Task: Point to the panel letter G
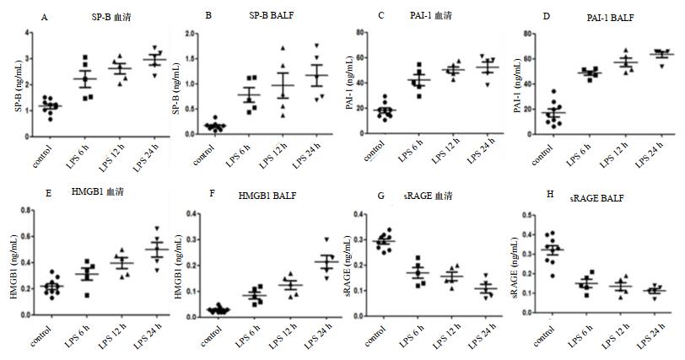tap(381, 194)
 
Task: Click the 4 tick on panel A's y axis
tap(29, 32)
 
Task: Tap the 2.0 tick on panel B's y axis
tap(192, 32)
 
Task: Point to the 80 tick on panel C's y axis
tap(359, 32)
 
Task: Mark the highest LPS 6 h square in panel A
tap(84, 58)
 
